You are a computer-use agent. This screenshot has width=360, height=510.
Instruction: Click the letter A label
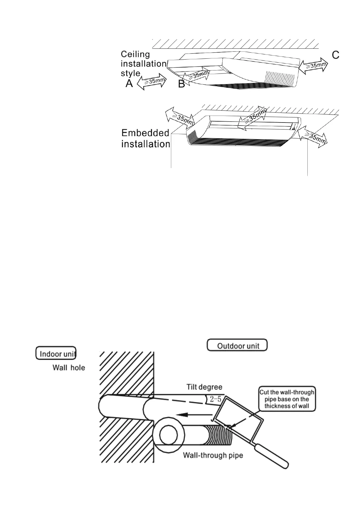click(129, 83)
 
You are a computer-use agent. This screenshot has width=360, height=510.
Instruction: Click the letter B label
click(182, 84)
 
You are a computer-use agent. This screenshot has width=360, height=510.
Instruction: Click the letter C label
click(335, 55)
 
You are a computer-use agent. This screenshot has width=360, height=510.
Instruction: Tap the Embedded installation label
click(146, 139)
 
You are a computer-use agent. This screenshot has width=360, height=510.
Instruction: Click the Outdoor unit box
click(237, 345)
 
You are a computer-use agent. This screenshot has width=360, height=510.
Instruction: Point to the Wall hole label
click(69, 368)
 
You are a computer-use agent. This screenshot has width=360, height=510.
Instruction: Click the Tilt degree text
click(204, 387)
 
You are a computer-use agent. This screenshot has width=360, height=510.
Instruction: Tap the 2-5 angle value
click(215, 399)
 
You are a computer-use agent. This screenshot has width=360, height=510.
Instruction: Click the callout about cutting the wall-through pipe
click(287, 399)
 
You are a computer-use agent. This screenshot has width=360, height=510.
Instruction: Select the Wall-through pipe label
click(213, 455)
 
